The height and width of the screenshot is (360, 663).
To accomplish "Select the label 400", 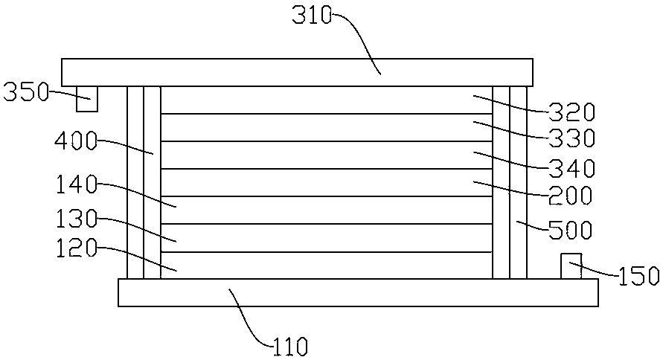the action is (77, 142).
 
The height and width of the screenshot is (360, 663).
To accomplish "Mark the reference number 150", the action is (638, 276).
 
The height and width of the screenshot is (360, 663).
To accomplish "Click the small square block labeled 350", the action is (87, 98).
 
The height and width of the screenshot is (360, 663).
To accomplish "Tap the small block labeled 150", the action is (571, 266).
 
